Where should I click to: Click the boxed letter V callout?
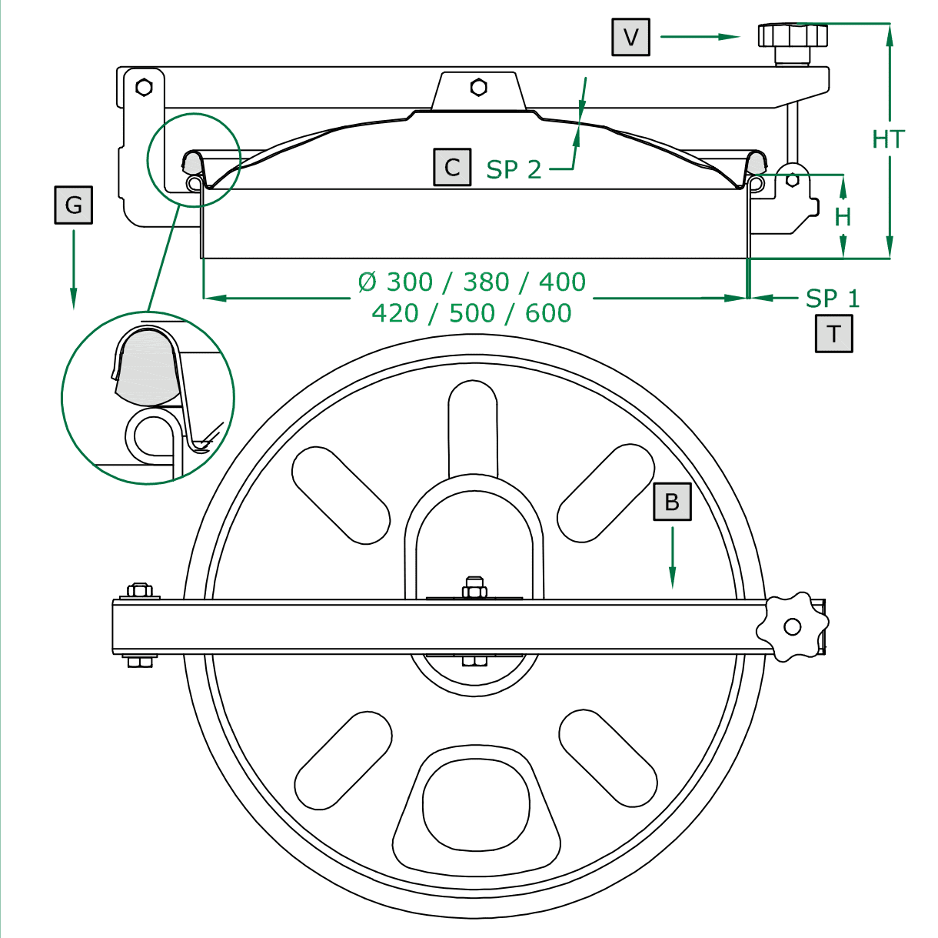pos(630,37)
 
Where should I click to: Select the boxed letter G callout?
pos(73,205)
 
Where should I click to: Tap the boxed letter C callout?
pos(452,167)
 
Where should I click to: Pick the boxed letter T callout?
pos(834,334)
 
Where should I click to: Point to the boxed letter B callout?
pos(672,502)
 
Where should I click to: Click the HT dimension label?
pos(888,139)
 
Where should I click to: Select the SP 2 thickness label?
pos(514,169)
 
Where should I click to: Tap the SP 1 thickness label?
pos(832,298)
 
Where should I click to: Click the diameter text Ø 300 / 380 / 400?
pos(472,282)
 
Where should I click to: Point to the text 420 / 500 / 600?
pos(472,313)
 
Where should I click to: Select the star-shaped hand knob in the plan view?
pos(792,626)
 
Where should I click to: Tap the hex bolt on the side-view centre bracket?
pos(478,87)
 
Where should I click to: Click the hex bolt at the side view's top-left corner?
pos(144,87)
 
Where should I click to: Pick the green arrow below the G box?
pos(74,269)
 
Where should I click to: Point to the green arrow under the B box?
pos(673,557)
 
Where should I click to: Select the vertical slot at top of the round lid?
pos(473,427)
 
